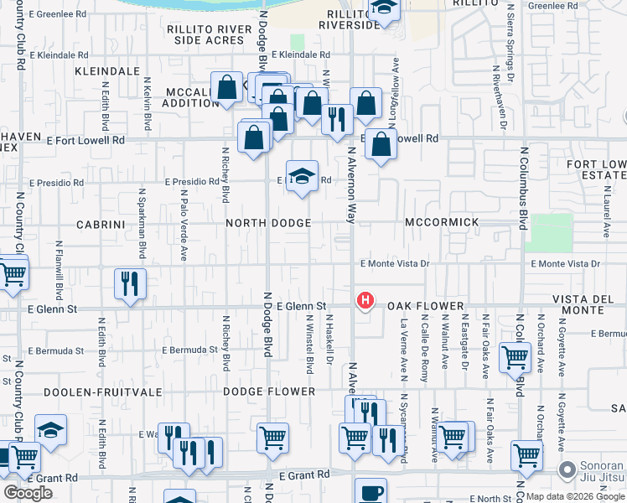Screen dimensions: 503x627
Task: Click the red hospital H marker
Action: [x=365, y=299]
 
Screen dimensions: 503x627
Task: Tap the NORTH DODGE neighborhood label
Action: [x=268, y=223]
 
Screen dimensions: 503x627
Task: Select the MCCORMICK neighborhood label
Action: [x=442, y=222]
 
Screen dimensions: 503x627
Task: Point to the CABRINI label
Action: [x=101, y=225]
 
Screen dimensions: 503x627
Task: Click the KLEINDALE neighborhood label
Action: [x=106, y=71]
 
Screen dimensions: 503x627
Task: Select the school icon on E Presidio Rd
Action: [x=302, y=176]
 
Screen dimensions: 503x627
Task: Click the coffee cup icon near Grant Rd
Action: [x=370, y=492]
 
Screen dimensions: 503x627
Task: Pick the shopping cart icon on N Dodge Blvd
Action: [x=272, y=437]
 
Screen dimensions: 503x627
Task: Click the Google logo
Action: [x=28, y=493]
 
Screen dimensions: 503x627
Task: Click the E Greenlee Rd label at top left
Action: [x=58, y=14]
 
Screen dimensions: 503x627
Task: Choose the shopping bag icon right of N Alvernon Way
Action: [x=381, y=144]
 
